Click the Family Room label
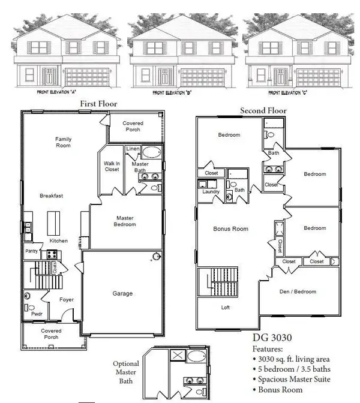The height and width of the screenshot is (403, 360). click(63, 142)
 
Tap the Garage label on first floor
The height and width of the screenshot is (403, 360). click(122, 293)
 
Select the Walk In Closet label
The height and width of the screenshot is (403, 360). click(112, 166)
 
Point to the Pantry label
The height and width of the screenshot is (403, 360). click(31, 251)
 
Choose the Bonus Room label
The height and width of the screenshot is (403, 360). click(231, 228)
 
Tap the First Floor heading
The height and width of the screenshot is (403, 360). click(98, 104)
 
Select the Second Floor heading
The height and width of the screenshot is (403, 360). click(263, 110)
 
